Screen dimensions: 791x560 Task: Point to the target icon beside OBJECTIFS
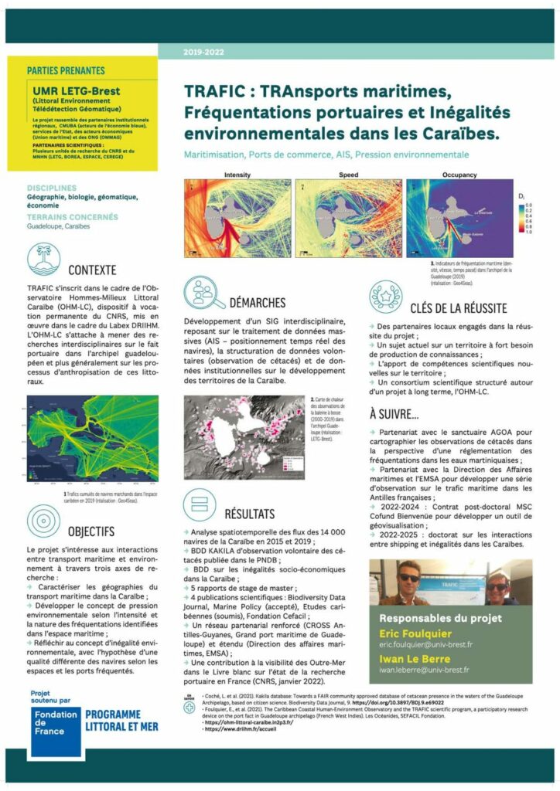pyautogui.click(x=43, y=520)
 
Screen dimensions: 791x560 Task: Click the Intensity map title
pyautogui.click(x=237, y=175)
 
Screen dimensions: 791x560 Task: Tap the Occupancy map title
pyautogui.click(x=459, y=175)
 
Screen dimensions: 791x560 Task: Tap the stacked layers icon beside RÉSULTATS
pyautogui.click(x=200, y=503)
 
